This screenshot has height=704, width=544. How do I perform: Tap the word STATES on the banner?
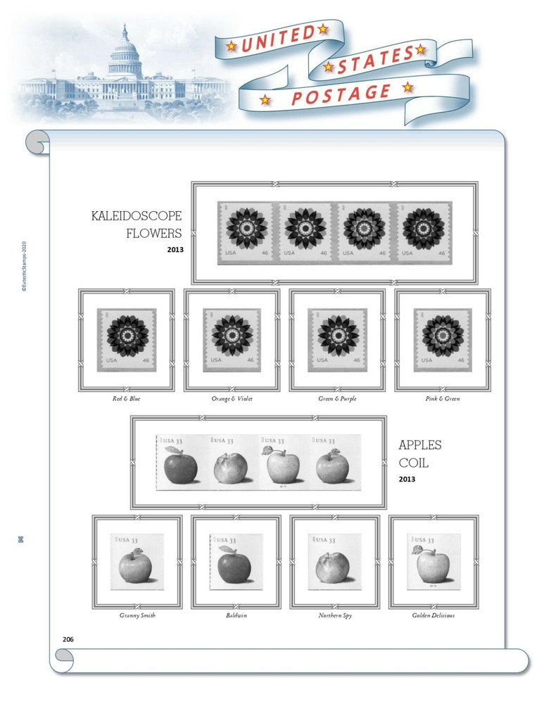point(373,60)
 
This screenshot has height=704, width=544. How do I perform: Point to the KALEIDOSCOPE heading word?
point(137,215)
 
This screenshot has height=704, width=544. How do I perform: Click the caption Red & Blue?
point(126,398)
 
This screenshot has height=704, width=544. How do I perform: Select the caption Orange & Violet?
point(232,398)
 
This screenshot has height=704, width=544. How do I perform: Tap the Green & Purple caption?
point(337,398)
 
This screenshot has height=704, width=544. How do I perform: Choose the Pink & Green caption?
point(443,398)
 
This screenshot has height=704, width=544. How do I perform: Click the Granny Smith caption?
point(137,615)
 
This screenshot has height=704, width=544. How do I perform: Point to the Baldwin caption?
point(236,615)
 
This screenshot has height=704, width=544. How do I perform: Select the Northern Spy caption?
point(335,615)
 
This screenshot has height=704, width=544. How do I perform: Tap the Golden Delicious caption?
point(434,615)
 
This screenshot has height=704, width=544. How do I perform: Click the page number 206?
point(68,639)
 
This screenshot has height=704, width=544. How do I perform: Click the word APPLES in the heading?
point(420,445)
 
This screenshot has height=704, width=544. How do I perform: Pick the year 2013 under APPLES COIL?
point(407,479)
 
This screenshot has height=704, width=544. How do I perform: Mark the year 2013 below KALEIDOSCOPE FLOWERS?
point(175,249)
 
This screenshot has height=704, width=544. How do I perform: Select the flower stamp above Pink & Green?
point(443,340)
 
